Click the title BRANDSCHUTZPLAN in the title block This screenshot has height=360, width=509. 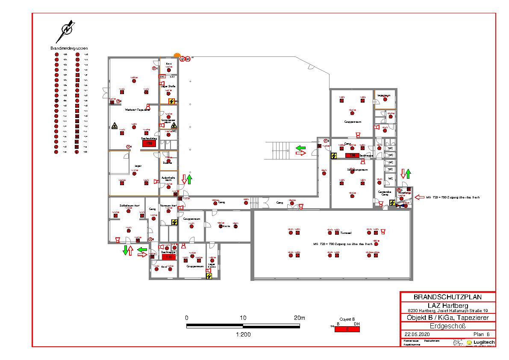447,297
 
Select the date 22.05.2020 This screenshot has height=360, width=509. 417,334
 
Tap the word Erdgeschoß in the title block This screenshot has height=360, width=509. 447,326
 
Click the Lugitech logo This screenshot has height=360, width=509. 480,342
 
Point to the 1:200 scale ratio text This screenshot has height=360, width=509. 243,334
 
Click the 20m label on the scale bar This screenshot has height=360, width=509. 300,318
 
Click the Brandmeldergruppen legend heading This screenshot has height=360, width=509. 69,48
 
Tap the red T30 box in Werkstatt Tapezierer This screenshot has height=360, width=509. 149,143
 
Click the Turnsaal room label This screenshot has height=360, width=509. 346,233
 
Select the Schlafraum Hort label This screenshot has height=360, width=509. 129,206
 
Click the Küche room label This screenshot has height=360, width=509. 226,226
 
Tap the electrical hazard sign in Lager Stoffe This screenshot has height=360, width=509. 171,101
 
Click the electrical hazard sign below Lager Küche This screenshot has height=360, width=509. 209,276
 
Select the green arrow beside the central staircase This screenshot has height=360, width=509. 301,148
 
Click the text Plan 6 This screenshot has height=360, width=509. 481,334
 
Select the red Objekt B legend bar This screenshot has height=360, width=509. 347,329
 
